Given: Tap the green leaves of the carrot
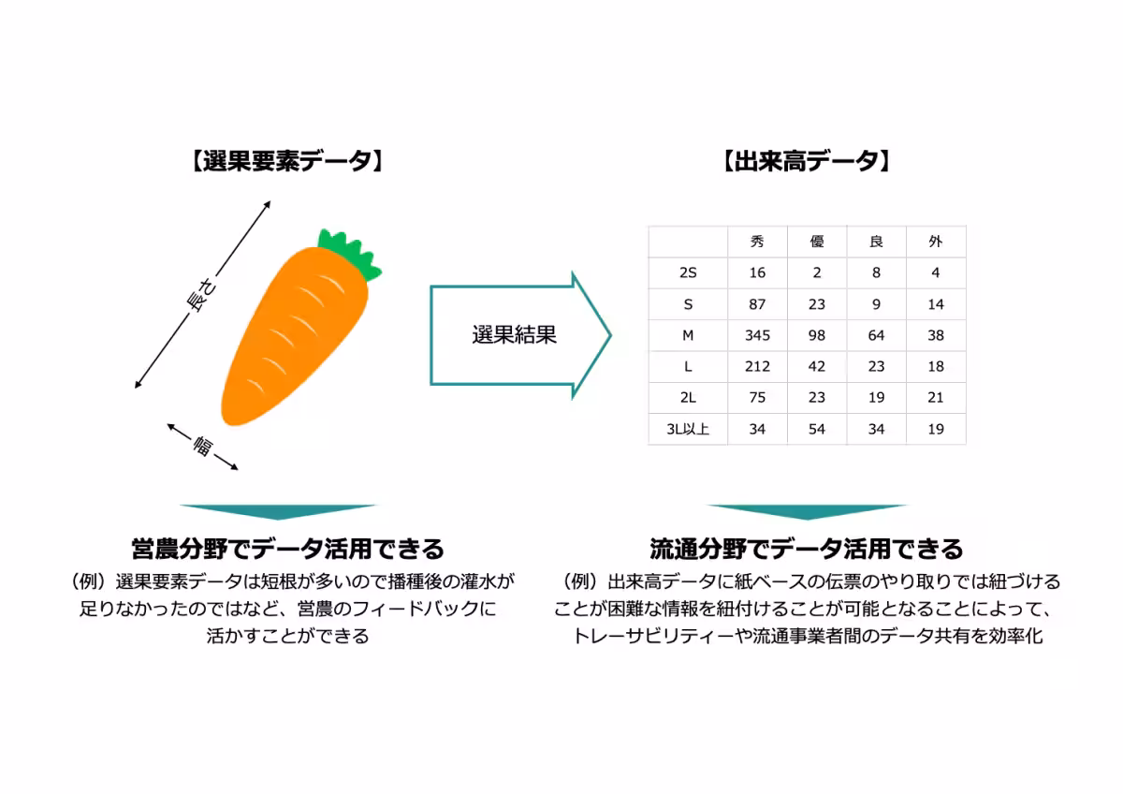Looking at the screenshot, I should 350,253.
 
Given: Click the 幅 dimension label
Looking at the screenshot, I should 202,447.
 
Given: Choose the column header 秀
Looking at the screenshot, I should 757,242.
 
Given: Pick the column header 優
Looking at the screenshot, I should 817,242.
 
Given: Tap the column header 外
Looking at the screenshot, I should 935,242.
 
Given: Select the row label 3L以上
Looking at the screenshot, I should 688,430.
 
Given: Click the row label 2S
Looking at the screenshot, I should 688,273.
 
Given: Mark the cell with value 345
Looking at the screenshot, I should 757,335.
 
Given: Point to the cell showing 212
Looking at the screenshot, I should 757,367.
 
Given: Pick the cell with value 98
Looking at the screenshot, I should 817,335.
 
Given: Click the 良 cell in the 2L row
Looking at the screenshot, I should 876,398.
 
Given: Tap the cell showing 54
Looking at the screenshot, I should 817,430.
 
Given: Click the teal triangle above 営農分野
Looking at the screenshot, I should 278,511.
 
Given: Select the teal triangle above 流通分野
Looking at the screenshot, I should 807,511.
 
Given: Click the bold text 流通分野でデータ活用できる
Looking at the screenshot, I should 806,548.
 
